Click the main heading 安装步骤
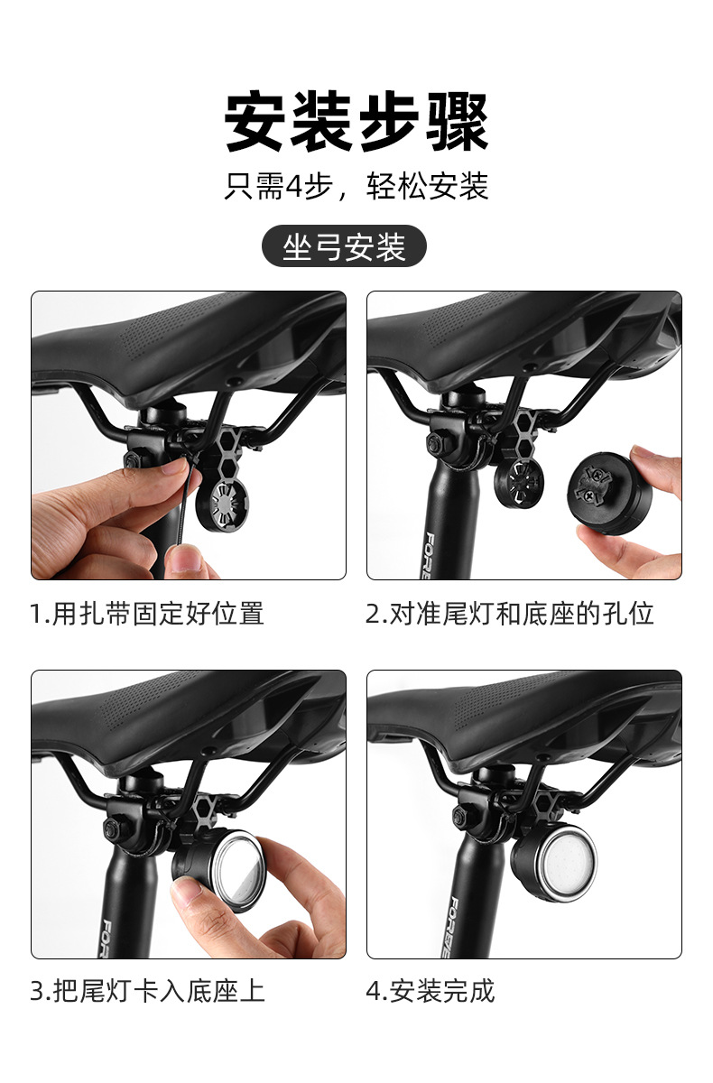356,122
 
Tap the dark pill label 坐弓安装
344,246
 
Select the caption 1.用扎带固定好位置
147,614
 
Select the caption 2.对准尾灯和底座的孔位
509,614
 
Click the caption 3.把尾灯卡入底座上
147,990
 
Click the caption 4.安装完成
431,990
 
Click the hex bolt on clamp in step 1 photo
132,461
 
